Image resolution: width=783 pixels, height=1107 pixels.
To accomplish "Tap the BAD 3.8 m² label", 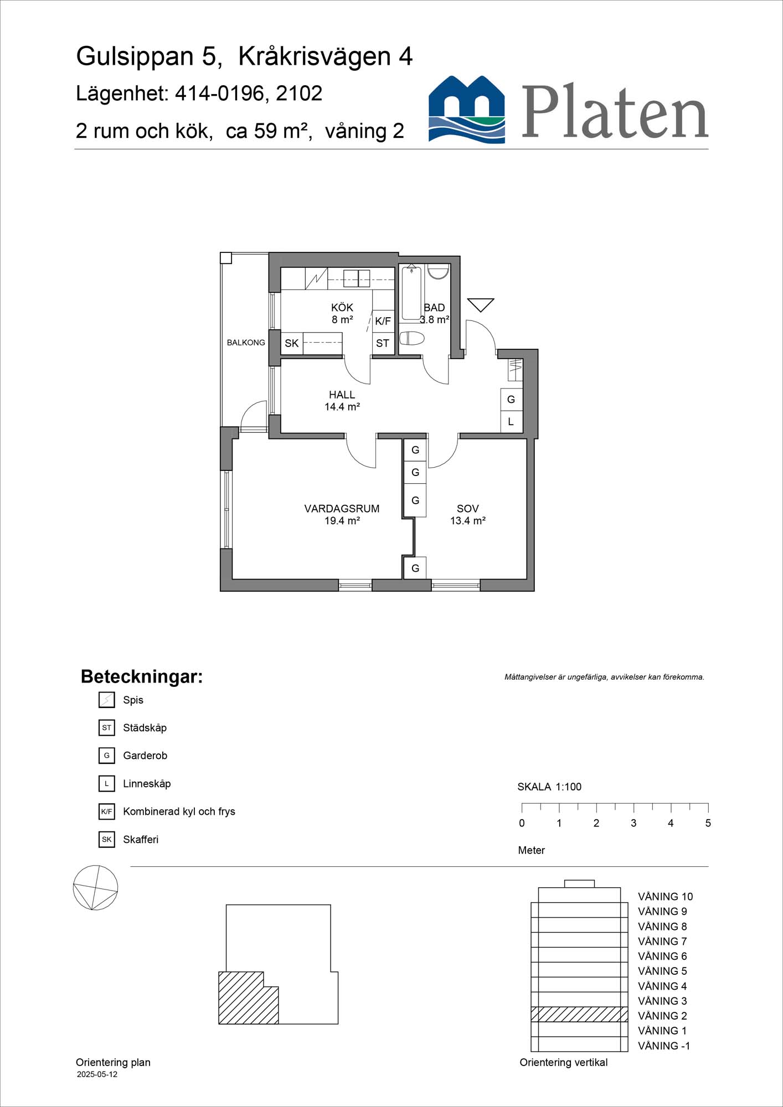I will pos(434,313).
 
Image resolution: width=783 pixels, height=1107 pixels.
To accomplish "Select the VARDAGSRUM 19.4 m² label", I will pos(342,514).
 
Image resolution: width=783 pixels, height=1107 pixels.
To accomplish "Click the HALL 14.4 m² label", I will pos(342,400).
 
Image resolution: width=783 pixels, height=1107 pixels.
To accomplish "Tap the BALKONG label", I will pos(246,343).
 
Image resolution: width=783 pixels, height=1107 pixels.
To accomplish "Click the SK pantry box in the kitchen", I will pos(292,343).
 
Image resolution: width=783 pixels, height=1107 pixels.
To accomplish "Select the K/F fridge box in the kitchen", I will pos(383,321).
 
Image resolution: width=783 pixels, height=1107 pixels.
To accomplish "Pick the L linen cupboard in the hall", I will pos(511,422).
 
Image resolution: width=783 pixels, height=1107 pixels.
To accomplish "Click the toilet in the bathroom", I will pos(412,338).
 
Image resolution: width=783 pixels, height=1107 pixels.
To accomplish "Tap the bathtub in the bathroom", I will pos(411,293).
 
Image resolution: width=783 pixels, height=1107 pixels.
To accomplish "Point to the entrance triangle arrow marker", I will pos(480,304).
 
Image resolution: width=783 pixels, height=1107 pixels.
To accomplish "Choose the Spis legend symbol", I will pos(106,700).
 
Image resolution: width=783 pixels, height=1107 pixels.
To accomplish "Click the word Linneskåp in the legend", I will pos(147,784).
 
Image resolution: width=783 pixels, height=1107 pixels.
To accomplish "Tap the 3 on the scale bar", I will pos(633,823).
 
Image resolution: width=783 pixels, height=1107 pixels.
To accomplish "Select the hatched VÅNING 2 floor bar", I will pos(579,1014).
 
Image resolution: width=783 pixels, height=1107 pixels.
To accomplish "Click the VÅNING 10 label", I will pos(665,897).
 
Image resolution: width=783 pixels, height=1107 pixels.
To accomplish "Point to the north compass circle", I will pos(95,887).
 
